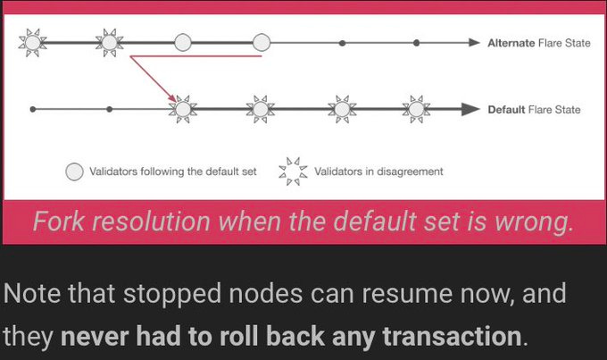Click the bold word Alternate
(x=511, y=43)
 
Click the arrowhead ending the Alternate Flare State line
(x=474, y=42)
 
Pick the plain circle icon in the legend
(x=75, y=171)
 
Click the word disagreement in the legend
(x=406, y=171)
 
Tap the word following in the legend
(x=155, y=171)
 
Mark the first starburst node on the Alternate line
(x=33, y=42)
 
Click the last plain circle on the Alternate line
(x=262, y=42)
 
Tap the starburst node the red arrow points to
(x=183, y=109)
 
